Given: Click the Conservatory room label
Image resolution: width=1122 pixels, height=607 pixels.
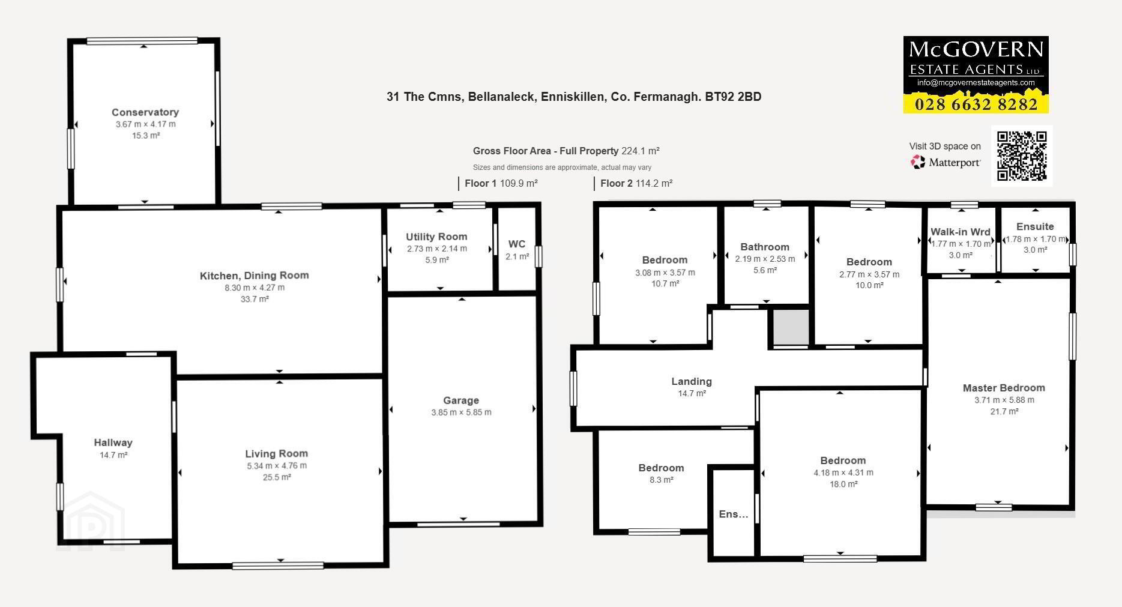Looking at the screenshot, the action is coord(145,112).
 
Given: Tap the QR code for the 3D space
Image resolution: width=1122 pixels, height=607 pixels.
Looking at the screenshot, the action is coord(1022,156).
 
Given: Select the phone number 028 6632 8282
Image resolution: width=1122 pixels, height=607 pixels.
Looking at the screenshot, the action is coord(976,104).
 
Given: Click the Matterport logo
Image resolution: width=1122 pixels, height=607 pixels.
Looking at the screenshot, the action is coord(946,162).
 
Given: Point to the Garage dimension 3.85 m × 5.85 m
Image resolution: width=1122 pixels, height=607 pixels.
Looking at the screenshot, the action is coord(461,412).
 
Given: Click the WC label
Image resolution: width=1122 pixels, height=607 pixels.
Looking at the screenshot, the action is coord(517,244).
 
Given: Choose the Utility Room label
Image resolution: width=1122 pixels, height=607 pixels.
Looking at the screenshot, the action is coord(436,237).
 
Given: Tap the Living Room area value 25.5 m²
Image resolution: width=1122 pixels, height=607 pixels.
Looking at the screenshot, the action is coord(276,477).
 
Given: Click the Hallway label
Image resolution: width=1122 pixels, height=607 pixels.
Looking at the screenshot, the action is coord(113,442).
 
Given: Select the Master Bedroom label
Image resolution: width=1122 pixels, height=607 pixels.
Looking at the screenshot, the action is coord(1004,388).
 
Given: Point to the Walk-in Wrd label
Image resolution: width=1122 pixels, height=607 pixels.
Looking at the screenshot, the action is coord(961,232).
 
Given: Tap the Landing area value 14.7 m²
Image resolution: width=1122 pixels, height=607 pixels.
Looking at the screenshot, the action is coord(692,393).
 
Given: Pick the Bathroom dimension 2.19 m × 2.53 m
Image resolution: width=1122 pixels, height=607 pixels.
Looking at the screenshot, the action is coord(765,259).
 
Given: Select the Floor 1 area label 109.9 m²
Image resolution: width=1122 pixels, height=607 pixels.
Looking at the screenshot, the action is coord(519,183).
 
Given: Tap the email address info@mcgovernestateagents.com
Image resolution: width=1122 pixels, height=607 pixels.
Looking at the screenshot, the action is coord(976,83).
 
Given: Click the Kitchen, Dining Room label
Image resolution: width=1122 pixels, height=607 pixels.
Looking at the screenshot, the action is coord(255,276).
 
